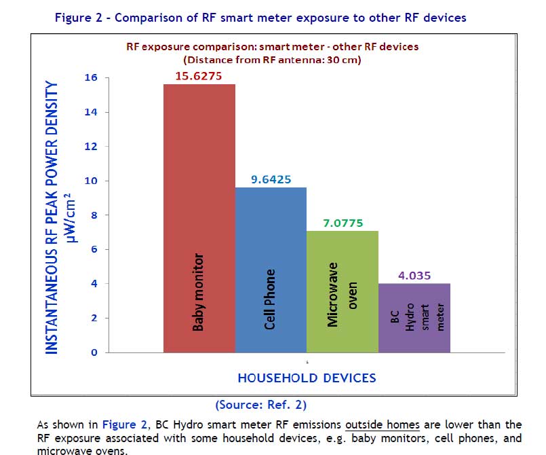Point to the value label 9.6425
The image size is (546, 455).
click(x=270, y=179)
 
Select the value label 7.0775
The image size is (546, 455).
click(x=341, y=222)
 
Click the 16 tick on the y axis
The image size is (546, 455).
click(x=91, y=78)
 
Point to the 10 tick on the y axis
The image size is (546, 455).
click(x=91, y=181)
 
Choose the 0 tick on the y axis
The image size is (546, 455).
click(x=94, y=352)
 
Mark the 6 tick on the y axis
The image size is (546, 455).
click(x=94, y=250)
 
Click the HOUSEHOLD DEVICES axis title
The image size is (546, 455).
click(x=307, y=378)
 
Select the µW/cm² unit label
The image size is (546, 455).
click(x=76, y=217)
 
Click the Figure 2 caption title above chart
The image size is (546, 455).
click(x=260, y=18)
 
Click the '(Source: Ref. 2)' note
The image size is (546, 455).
click(x=260, y=405)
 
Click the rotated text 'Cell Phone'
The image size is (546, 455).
click(x=270, y=299)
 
